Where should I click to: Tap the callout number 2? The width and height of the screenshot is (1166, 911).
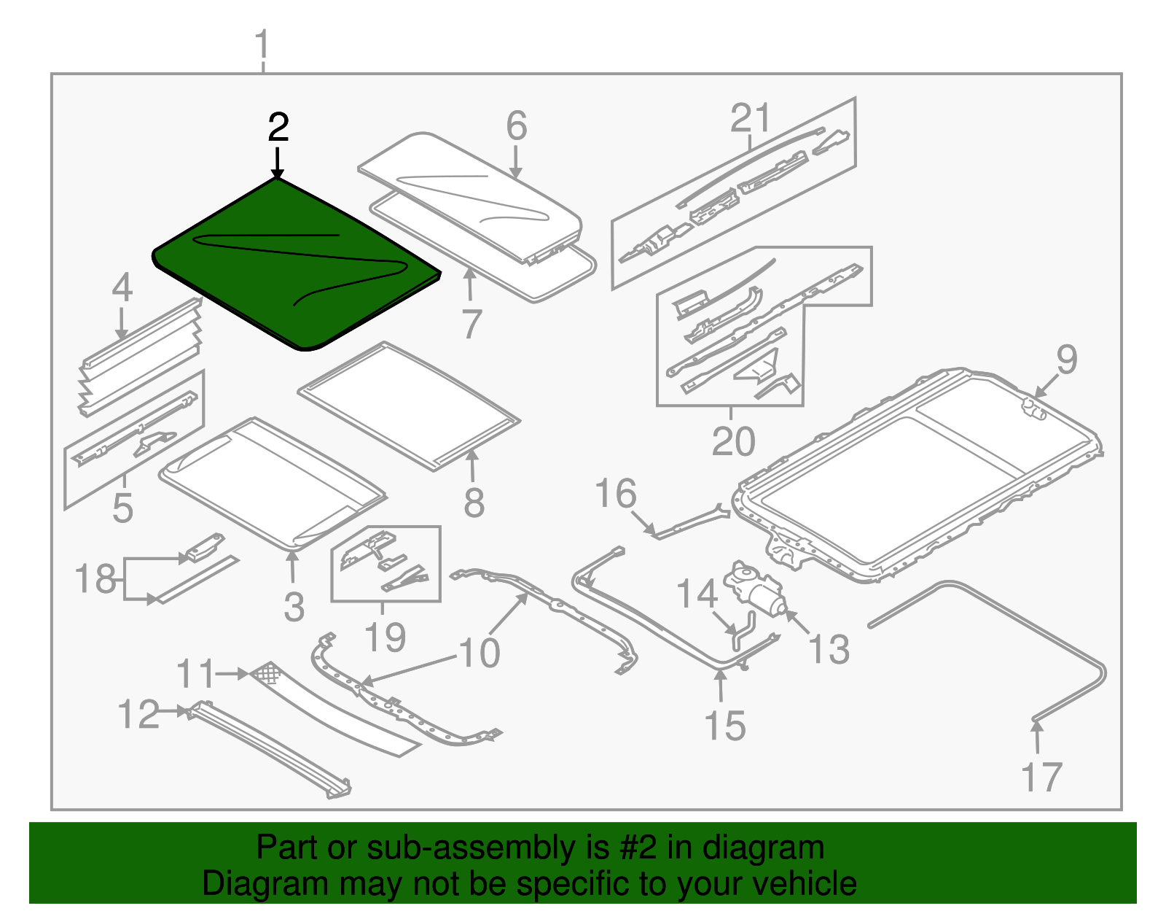tap(278, 128)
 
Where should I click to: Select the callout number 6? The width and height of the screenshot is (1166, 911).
tap(516, 126)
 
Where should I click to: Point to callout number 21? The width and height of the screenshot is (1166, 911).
tap(751, 118)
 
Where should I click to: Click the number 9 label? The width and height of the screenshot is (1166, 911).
tap(1066, 360)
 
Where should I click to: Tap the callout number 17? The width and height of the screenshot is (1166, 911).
tap(1041, 777)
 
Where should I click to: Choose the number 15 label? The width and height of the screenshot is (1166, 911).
tap(725, 726)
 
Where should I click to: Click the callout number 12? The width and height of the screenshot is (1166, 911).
tap(138, 714)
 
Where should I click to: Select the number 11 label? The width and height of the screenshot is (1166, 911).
tap(196, 674)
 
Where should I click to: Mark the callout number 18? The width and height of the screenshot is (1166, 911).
tap(95, 580)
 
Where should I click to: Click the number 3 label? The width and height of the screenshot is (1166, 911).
tap(294, 607)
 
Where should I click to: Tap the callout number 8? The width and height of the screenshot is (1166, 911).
tap(474, 503)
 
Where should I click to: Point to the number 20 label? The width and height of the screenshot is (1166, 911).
tap(733, 441)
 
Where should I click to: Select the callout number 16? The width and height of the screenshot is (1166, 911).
tap(616, 494)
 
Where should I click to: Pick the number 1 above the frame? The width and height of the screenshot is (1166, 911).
tap(262, 46)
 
